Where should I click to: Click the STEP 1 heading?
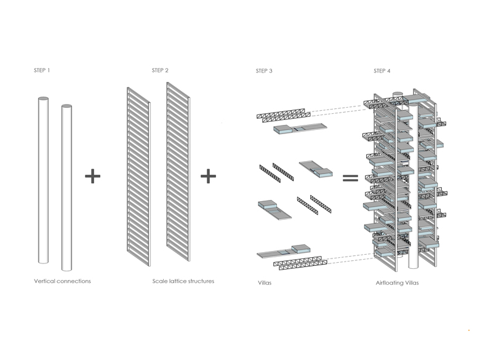(42, 71)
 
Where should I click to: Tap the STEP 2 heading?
(160, 71)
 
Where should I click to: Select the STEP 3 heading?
(264, 71)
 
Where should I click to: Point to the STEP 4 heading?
(382, 71)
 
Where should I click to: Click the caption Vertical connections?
(62, 281)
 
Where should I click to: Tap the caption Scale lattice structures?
(183, 281)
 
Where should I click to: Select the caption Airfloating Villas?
(398, 283)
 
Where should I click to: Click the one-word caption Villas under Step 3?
(265, 283)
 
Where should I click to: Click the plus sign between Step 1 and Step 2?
(92, 177)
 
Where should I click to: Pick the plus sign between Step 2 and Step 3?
(209, 177)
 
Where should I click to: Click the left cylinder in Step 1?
(43, 178)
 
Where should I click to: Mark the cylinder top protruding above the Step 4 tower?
(396, 96)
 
